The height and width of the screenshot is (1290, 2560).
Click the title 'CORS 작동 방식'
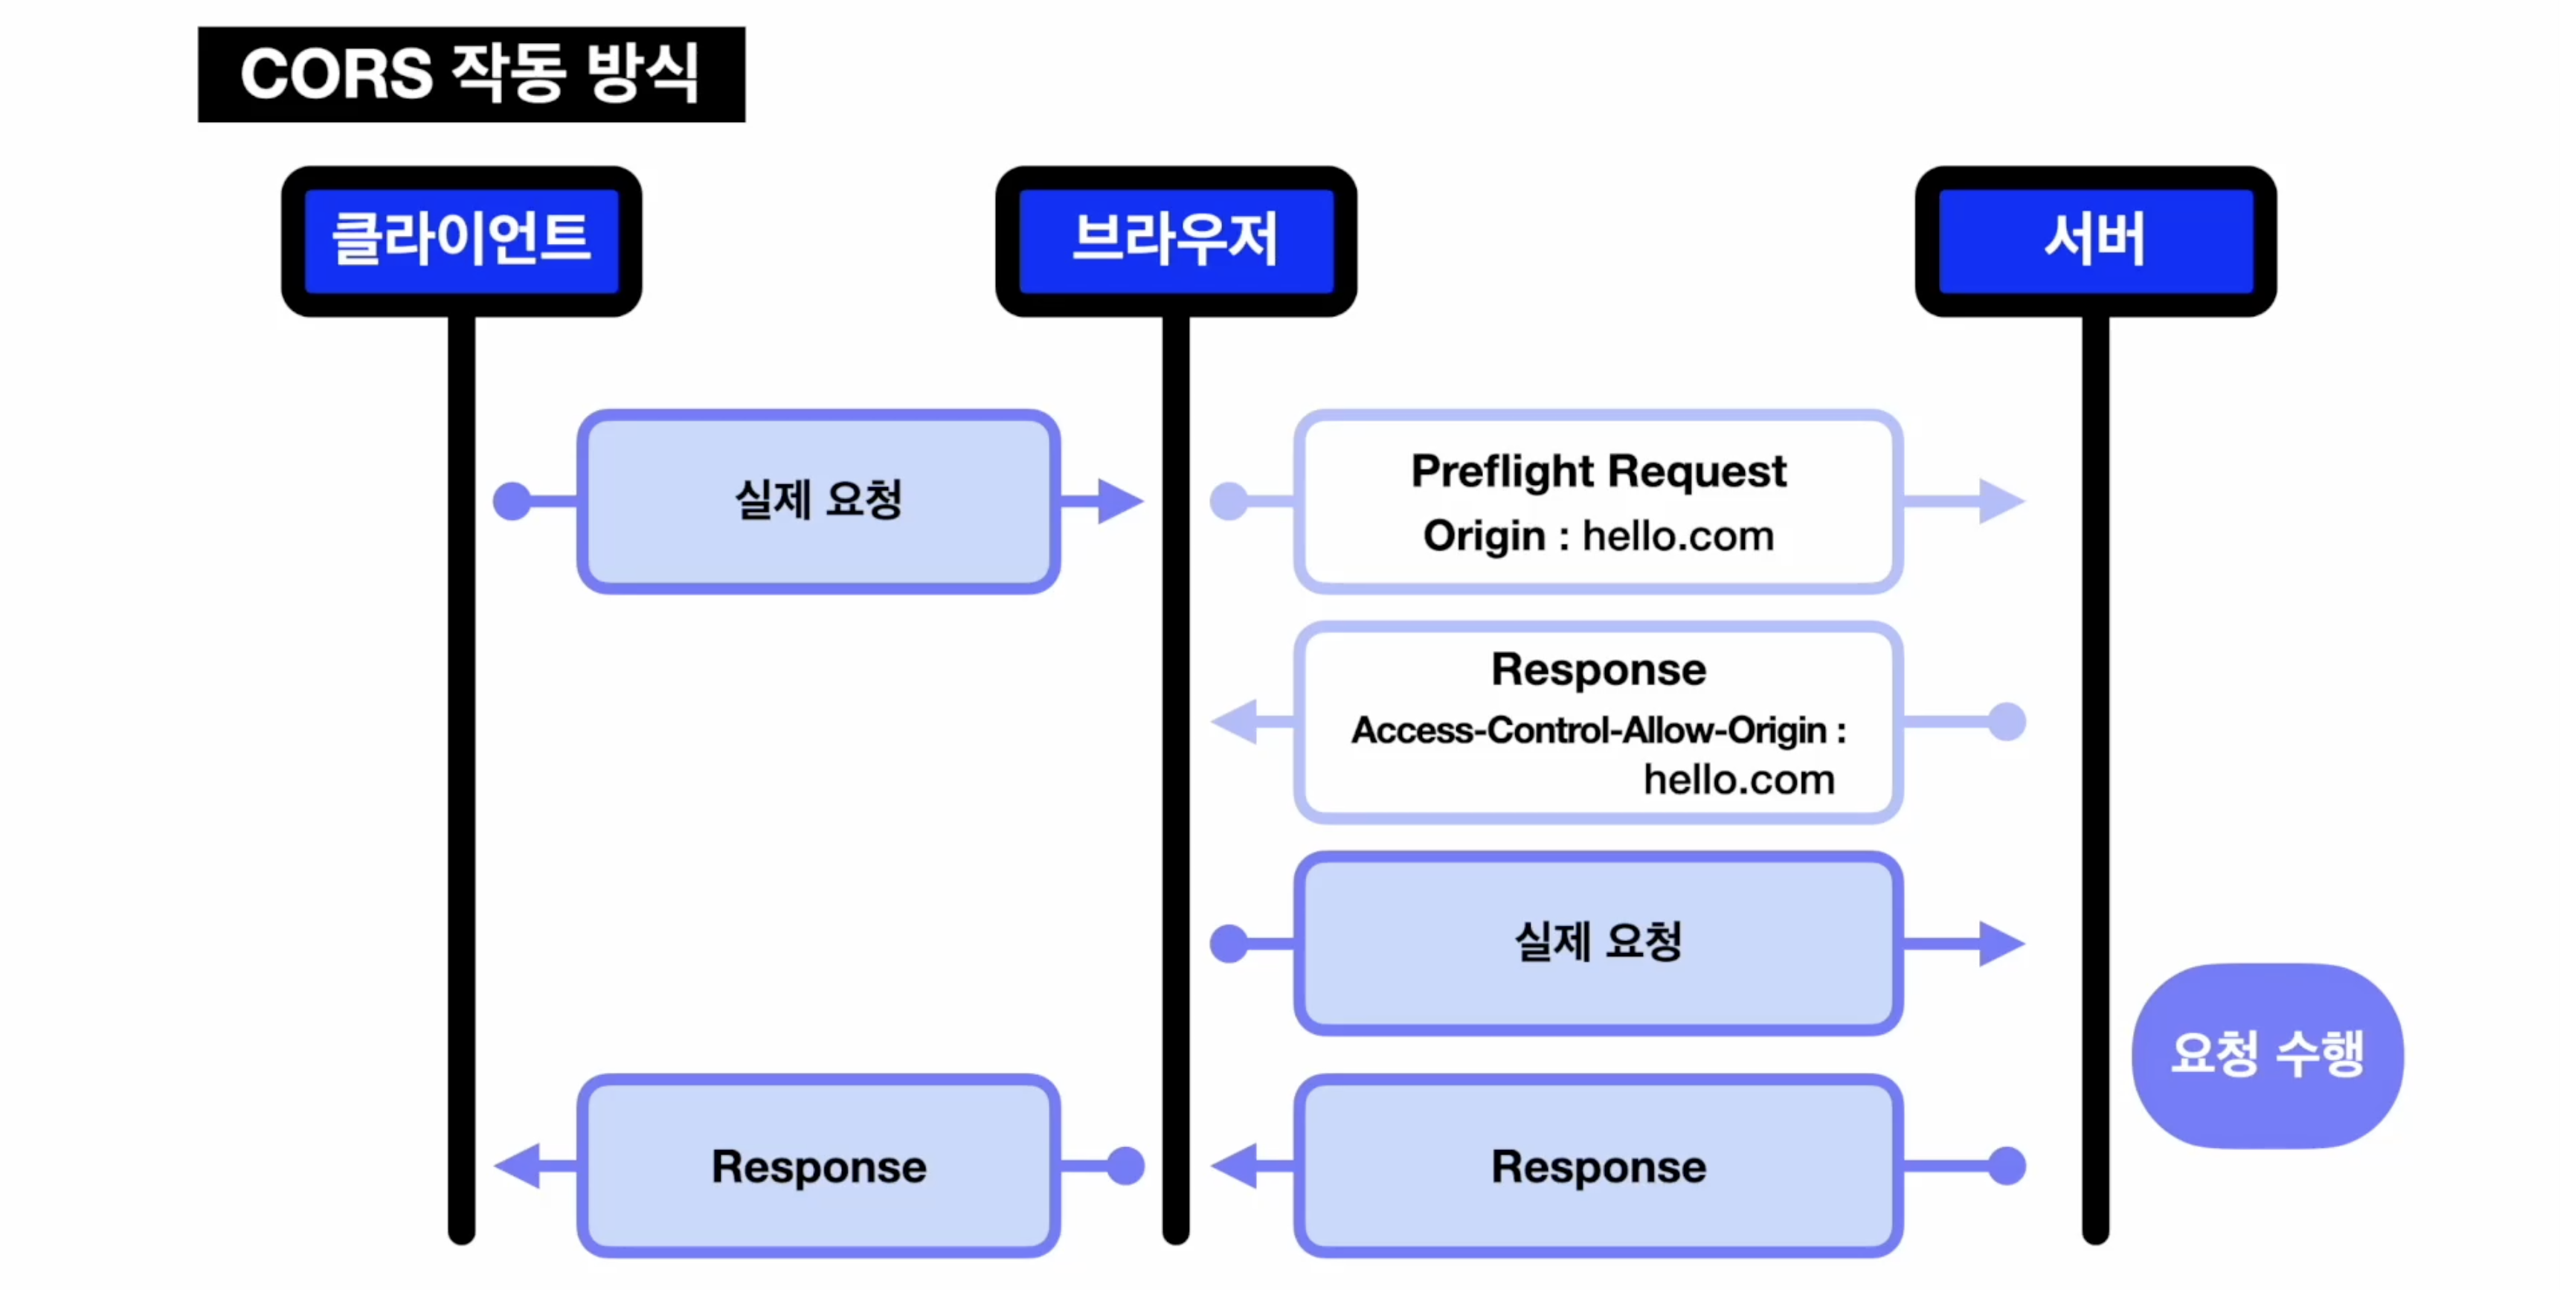pos(471,74)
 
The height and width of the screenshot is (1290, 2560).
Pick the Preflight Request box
pos(1598,502)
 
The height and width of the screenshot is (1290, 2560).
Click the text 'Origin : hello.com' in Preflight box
pos(1598,536)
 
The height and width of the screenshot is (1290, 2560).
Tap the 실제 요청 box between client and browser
pos(818,502)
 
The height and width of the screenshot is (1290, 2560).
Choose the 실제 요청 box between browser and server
pos(1598,943)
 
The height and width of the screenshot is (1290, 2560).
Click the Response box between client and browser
pos(818,1166)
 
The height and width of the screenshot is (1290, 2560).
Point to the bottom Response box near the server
pos(1598,1166)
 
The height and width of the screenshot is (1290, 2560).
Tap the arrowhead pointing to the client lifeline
pos(518,1166)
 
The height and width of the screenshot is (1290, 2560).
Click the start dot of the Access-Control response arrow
pos(2007,722)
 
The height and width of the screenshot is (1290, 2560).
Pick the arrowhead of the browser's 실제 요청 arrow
pos(2001,943)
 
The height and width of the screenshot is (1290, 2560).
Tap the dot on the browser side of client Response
pos(1125,1166)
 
